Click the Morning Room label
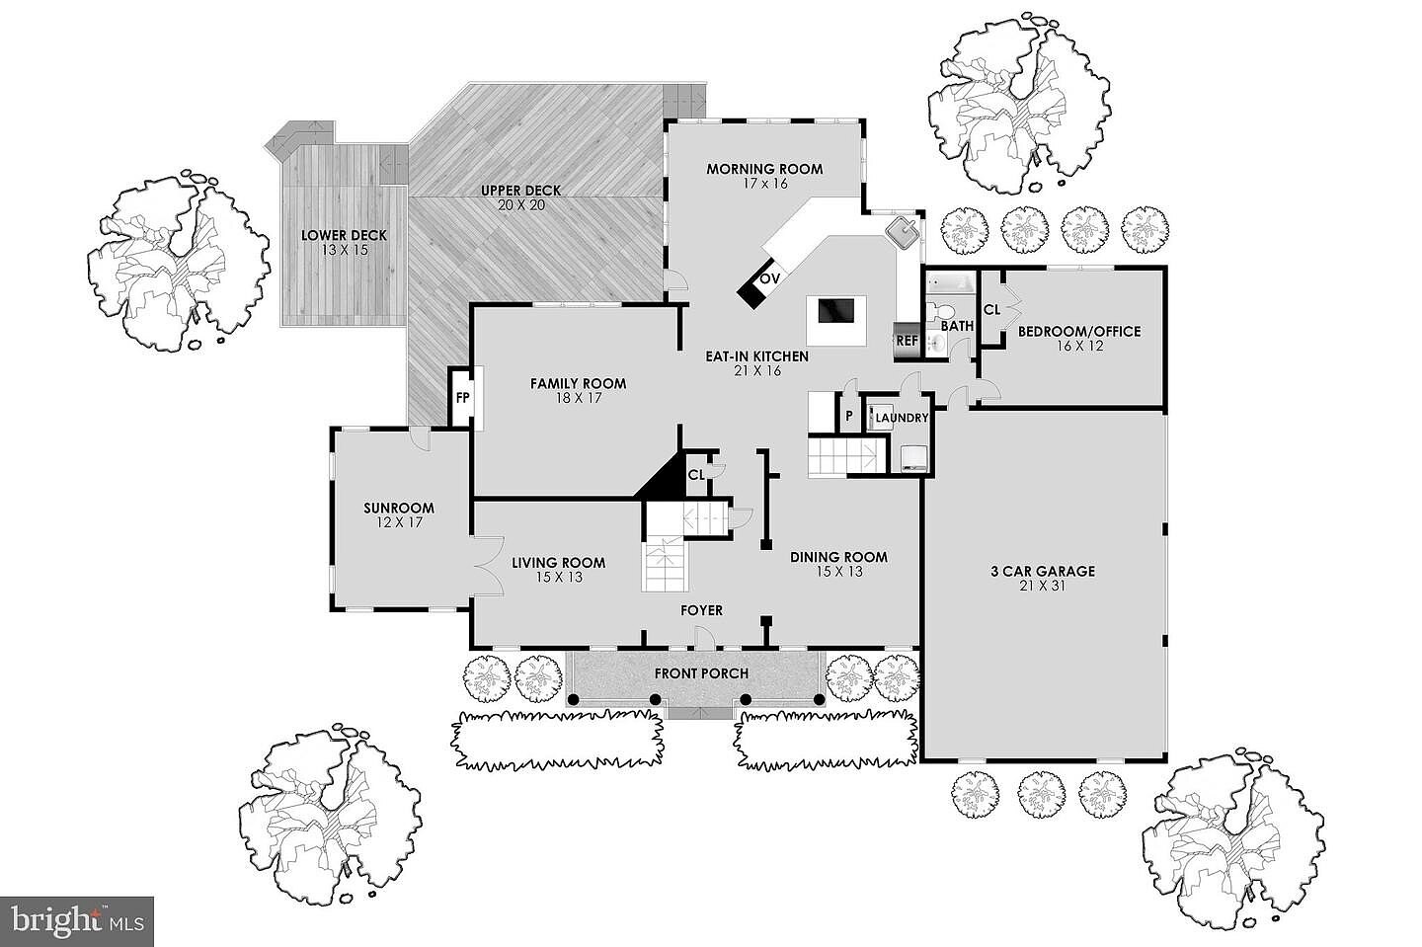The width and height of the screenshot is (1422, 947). coord(764,169)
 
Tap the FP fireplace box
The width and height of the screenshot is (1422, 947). coord(462,399)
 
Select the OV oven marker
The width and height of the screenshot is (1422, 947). coord(770,279)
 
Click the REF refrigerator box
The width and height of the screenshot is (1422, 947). coord(907,341)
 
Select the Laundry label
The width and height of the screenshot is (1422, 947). coord(903,418)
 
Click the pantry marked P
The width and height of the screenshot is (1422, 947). coord(848,416)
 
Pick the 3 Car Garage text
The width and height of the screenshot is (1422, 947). coord(1043,571)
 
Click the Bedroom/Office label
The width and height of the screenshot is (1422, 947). coord(1079,332)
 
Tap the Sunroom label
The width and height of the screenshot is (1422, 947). coord(398,509)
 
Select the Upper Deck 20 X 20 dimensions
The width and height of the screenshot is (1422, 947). coord(521,205)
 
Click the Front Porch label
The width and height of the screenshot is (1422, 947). coord(701,673)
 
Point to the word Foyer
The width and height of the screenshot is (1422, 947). coord(701,610)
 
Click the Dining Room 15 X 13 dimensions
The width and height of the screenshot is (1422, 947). coord(839,571)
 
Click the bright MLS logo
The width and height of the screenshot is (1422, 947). coord(76,921)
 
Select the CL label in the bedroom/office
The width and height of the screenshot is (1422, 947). coord(992,309)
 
